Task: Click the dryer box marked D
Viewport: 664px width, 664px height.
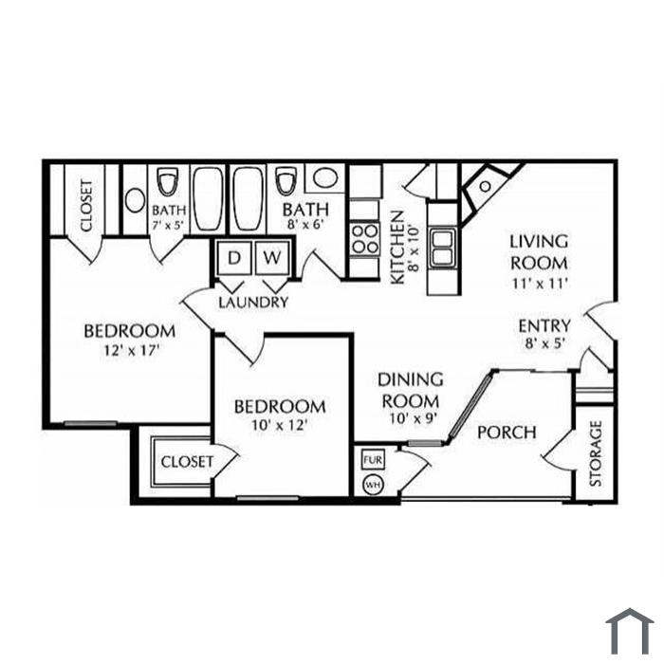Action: pyautogui.click(x=234, y=257)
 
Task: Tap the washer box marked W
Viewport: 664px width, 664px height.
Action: pyautogui.click(x=272, y=257)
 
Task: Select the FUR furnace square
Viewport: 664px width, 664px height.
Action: pyautogui.click(x=373, y=460)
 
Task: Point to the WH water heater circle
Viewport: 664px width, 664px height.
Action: pyautogui.click(x=373, y=485)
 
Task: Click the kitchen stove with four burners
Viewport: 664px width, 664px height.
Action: pyautogui.click(x=365, y=239)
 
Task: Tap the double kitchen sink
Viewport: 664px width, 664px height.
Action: pyautogui.click(x=443, y=248)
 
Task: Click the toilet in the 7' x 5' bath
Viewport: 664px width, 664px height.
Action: pyautogui.click(x=167, y=182)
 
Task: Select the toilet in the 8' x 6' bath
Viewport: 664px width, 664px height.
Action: pyautogui.click(x=286, y=182)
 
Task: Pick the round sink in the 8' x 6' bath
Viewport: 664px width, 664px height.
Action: pyautogui.click(x=325, y=177)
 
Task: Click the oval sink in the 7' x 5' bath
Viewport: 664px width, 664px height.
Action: pyautogui.click(x=135, y=200)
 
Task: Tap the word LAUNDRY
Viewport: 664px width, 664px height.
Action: pyautogui.click(x=253, y=303)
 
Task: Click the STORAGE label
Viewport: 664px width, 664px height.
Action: pyautogui.click(x=596, y=453)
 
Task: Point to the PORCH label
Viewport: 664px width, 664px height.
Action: pyautogui.click(x=507, y=433)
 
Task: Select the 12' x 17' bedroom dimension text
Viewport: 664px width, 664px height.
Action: pyautogui.click(x=131, y=351)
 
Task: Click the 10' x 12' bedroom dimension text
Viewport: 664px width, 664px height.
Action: pyautogui.click(x=279, y=424)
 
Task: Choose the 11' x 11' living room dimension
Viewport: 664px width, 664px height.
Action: pyautogui.click(x=540, y=283)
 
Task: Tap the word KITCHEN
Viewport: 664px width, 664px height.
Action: pyautogui.click(x=397, y=248)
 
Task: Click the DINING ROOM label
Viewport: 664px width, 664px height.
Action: pyautogui.click(x=411, y=390)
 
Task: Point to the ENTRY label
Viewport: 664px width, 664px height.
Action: pyautogui.click(x=544, y=326)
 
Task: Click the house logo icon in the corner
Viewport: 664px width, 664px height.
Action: pyautogui.click(x=629, y=632)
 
